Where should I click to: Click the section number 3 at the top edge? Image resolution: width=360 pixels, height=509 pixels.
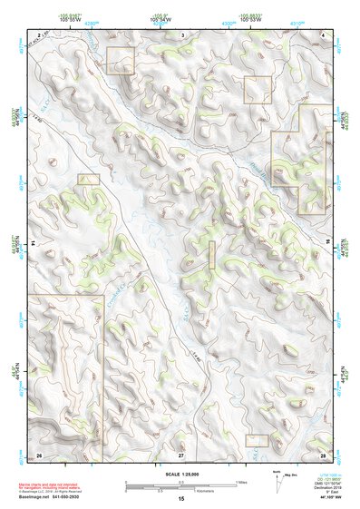(182, 34)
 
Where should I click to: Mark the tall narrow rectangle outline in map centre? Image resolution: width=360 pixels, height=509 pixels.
(213, 254)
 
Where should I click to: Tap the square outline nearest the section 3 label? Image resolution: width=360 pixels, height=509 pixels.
(121, 61)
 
